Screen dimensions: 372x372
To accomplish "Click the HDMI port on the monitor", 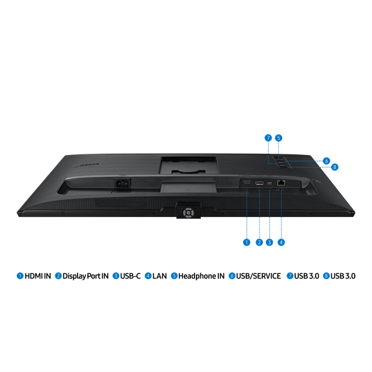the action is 247,182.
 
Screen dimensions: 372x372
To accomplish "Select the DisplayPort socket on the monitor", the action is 259,183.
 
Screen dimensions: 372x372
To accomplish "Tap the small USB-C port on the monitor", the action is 270,183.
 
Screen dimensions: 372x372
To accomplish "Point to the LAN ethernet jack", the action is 281,183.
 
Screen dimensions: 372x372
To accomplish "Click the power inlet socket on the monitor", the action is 123,183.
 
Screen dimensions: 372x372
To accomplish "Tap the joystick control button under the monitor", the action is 188,213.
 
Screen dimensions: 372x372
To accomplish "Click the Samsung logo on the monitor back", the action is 86,165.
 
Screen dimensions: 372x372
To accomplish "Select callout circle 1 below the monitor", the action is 247,242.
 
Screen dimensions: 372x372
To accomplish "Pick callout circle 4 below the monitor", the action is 281,242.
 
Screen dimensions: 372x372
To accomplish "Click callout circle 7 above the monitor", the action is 268,138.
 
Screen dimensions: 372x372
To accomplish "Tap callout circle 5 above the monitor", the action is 278,138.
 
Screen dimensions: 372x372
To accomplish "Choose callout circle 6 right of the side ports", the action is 327,161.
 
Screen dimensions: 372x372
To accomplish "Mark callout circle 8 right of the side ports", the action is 335,167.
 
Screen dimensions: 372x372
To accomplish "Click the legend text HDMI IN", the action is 38,276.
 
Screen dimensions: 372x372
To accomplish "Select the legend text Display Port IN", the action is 86,276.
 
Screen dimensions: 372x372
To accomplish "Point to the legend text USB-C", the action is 130,276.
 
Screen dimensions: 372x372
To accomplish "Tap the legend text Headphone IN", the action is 201,276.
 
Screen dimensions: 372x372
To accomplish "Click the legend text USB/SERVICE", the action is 259,276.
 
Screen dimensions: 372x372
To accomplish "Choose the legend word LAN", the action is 159,276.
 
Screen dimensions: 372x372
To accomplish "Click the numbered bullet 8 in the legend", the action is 327,276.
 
